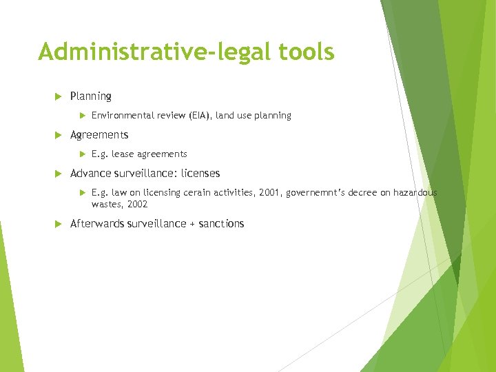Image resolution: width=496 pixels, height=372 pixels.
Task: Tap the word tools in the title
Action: (304, 52)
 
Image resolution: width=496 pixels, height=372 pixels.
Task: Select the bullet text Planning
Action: (90, 96)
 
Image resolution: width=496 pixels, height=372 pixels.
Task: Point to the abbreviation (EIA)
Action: (199, 116)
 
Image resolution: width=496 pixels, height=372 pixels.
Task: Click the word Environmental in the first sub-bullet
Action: (120, 116)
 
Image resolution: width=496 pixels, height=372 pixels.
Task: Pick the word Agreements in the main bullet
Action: (99, 135)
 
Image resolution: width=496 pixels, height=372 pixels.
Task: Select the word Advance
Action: (90, 174)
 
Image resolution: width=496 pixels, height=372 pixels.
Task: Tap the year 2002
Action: (137, 205)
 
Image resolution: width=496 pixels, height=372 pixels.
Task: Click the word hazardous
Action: (415, 193)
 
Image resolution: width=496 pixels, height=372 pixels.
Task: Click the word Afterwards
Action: (98, 224)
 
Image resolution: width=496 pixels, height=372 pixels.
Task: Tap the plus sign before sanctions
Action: (191, 224)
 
